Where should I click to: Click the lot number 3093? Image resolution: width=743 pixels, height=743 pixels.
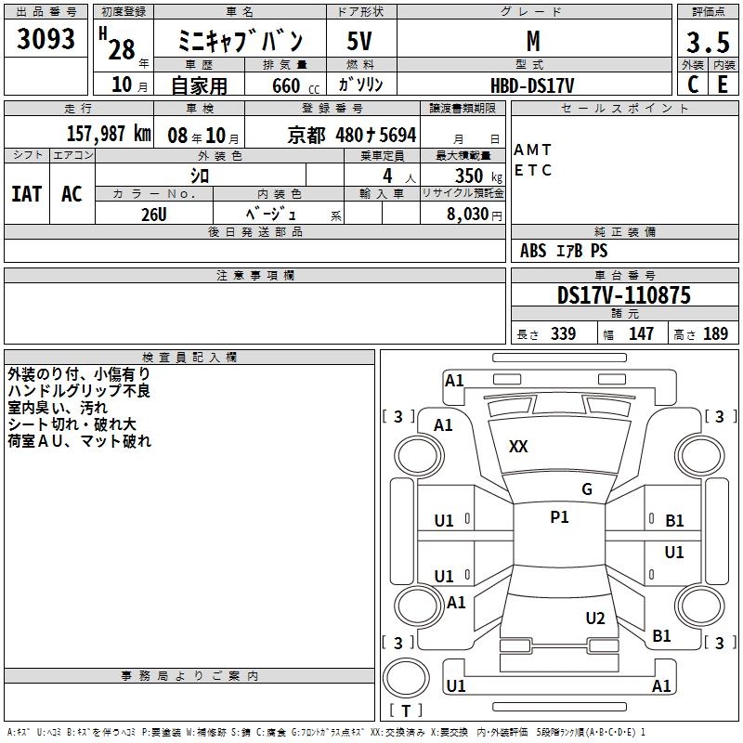46,40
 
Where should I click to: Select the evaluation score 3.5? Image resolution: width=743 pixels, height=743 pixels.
706,43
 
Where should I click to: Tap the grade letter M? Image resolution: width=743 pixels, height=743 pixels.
533,41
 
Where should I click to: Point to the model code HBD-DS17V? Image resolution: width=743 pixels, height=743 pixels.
533,85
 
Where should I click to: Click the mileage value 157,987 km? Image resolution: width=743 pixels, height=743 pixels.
109,134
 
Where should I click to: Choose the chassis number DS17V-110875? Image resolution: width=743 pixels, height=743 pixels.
623,295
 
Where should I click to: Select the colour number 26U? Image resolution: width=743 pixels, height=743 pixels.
153,213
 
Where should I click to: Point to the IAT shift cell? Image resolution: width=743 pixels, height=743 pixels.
26,194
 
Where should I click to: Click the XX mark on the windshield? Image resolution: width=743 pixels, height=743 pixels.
518,447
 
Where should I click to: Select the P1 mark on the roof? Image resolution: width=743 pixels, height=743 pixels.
559,517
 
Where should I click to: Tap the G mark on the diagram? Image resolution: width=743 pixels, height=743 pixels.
587,489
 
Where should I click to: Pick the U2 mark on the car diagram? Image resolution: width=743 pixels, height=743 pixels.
595,619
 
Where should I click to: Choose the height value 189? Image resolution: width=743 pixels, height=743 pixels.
716,334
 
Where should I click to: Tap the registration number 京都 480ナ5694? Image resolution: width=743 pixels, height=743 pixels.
352,135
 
